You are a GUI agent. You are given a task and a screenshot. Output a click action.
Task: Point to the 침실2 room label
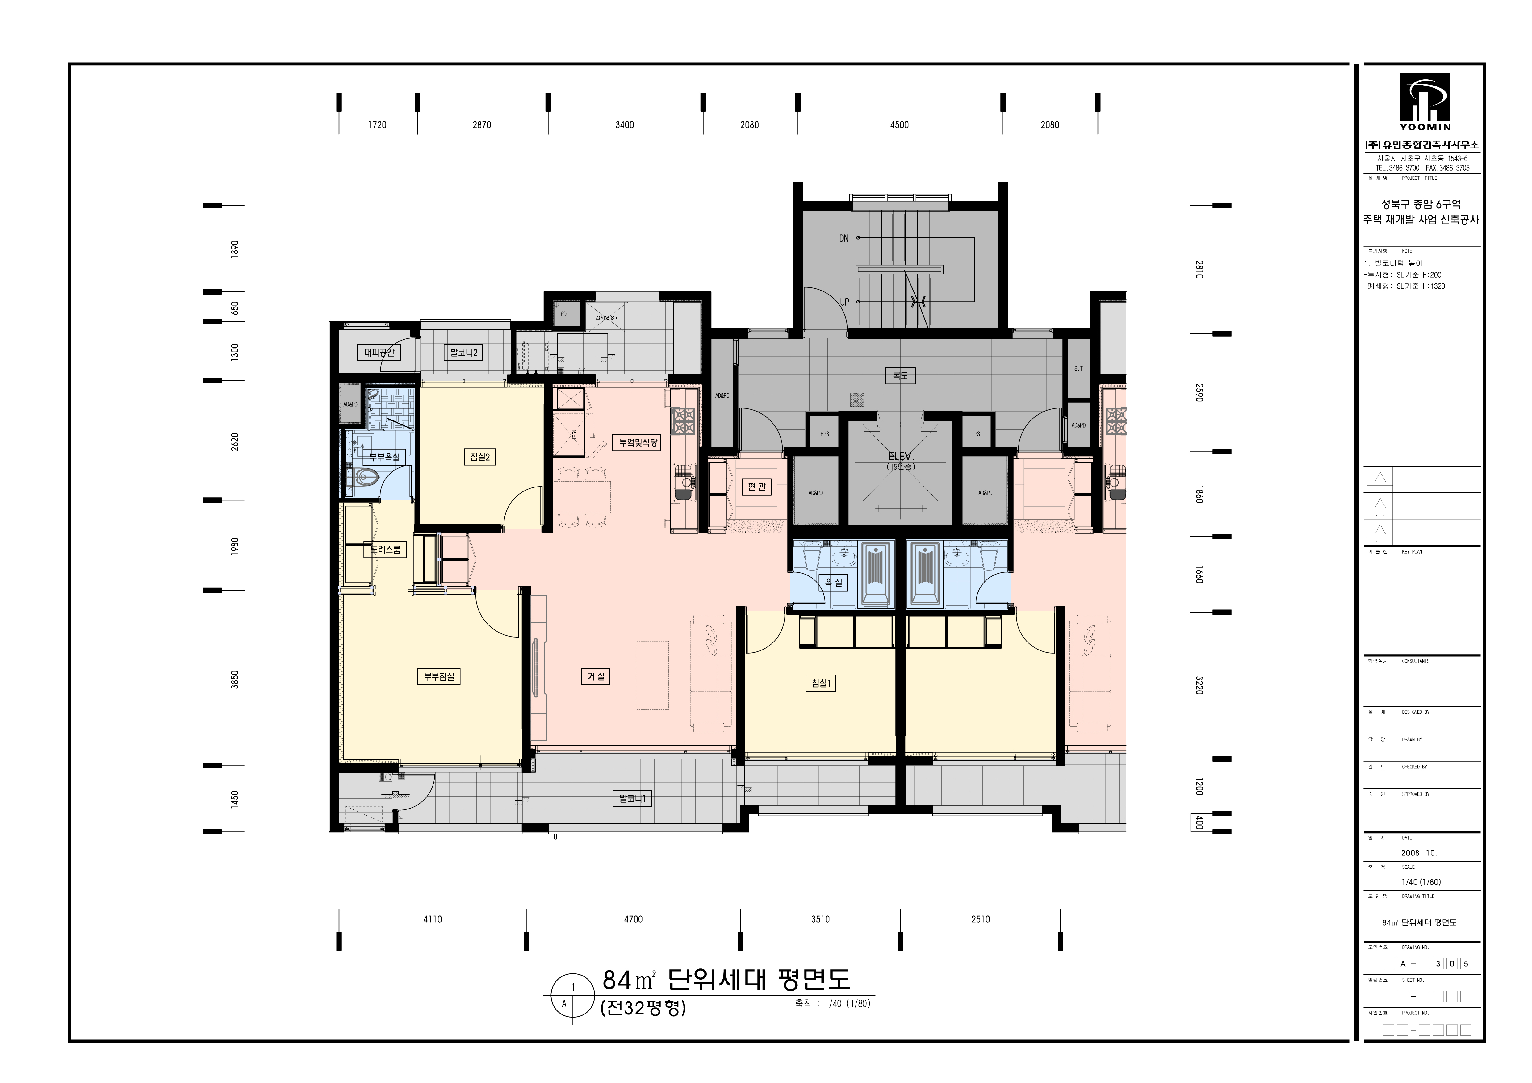coord(480,457)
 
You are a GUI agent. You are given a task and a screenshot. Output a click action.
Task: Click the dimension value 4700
coord(633,919)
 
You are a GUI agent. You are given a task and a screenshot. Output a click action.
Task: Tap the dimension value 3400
coord(625,125)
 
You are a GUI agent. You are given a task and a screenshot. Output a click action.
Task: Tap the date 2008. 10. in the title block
coord(1419,853)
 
